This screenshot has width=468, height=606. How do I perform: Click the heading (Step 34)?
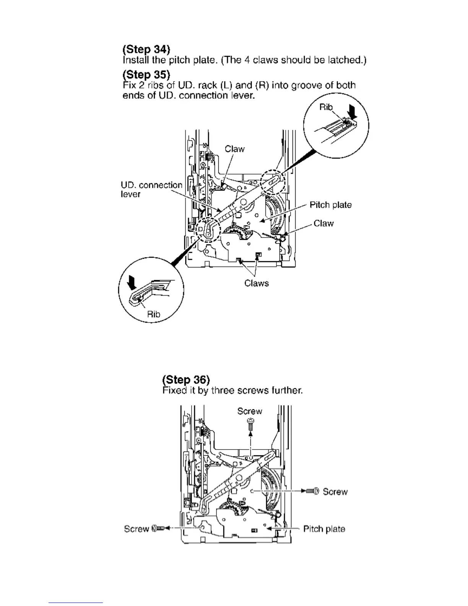point(146,49)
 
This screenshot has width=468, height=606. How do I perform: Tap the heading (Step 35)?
point(146,74)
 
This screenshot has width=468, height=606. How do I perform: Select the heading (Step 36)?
point(186,380)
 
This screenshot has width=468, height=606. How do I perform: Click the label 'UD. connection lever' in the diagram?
point(151,189)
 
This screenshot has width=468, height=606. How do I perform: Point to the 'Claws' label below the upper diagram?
point(257,283)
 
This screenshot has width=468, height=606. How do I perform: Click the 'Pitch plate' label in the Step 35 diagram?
point(330,205)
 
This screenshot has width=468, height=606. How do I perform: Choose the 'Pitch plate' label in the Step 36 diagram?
point(324,529)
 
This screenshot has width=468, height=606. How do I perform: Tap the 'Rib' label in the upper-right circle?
point(326,107)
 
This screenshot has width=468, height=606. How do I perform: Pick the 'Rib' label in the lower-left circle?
point(154,314)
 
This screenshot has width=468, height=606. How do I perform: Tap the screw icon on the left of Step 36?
point(158,529)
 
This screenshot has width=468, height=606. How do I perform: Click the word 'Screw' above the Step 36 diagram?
point(250,411)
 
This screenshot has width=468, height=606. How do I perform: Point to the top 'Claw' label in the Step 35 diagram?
point(234,149)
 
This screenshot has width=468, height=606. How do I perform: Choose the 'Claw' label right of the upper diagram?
point(323,223)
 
